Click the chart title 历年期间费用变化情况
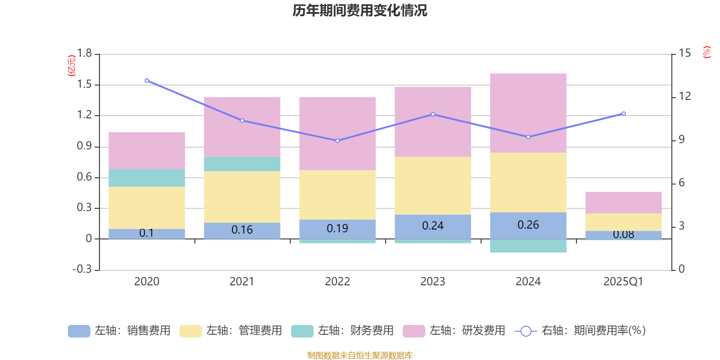(360, 10)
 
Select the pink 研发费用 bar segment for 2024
(528, 113)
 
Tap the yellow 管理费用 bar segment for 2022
(337, 194)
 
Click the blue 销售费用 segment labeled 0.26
(528, 225)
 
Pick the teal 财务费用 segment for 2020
(147, 178)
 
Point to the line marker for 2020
(147, 81)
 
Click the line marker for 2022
(337, 140)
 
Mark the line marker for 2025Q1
(624, 113)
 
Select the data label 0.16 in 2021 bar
(242, 230)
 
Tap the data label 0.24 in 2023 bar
(433, 226)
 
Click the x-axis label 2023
(433, 282)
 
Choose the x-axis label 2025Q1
(623, 282)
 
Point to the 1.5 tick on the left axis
(84, 85)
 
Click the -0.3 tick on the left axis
(82, 269)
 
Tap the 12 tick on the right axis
(685, 96)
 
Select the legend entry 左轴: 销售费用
(119, 331)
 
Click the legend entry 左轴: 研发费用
(454, 331)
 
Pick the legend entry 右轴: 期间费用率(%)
(580, 331)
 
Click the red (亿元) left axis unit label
(71, 66)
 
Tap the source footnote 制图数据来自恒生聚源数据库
(360, 355)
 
